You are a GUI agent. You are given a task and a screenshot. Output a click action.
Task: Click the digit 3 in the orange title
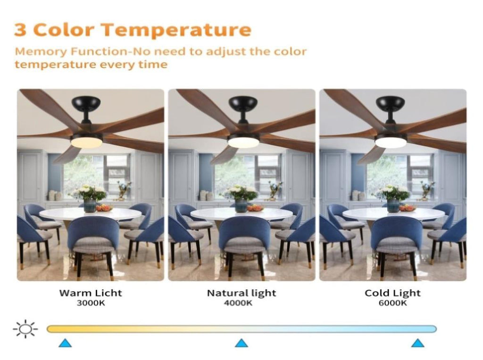(x=20, y=30)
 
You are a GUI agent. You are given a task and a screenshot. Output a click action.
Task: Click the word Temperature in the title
(x=176, y=30)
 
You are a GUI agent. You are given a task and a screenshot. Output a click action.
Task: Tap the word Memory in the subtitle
(x=41, y=52)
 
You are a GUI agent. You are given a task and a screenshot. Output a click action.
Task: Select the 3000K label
(x=91, y=303)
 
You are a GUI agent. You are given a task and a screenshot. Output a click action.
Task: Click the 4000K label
(x=238, y=303)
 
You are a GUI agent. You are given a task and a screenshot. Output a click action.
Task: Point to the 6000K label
(x=392, y=303)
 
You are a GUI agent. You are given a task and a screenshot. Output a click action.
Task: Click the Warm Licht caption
(x=91, y=293)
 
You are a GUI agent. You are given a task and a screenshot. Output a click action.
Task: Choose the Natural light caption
(x=241, y=293)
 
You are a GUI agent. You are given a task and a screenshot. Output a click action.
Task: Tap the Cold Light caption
(x=392, y=293)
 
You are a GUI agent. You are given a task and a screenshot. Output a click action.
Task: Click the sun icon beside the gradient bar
(x=25, y=329)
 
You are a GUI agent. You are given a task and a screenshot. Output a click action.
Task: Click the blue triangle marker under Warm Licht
(x=65, y=343)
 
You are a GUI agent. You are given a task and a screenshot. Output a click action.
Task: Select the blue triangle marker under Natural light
(x=241, y=343)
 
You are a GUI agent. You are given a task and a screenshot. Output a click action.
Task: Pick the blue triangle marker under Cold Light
(x=418, y=343)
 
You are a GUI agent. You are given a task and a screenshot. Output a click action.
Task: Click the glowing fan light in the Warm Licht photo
(x=87, y=142)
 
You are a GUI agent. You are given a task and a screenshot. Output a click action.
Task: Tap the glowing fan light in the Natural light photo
(x=243, y=142)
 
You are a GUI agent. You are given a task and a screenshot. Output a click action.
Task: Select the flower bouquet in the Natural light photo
(x=241, y=194)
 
